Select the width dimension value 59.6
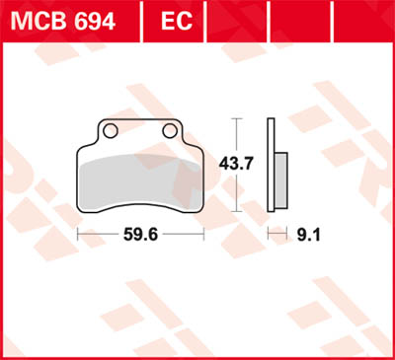point(140,237)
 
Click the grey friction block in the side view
point(280,181)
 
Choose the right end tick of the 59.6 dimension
point(202,237)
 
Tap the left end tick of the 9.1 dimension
point(270,237)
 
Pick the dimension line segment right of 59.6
point(184,237)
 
